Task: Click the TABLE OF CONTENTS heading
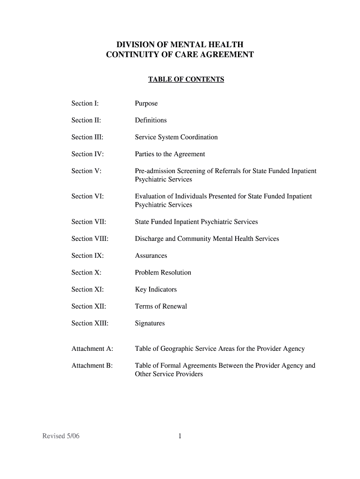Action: click(x=186, y=80)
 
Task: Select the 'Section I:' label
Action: click(x=85, y=103)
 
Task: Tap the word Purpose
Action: click(x=146, y=103)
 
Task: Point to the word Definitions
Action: click(x=151, y=120)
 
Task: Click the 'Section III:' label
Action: click(x=87, y=137)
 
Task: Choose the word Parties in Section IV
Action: click(x=145, y=154)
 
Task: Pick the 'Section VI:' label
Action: click(x=87, y=196)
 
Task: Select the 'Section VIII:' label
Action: click(x=90, y=239)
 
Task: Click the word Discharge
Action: click(x=149, y=239)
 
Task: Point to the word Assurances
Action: click(x=151, y=256)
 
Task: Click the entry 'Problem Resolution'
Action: click(x=163, y=273)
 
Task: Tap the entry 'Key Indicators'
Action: click(x=156, y=290)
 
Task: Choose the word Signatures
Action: click(x=150, y=323)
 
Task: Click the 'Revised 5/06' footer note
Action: click(x=61, y=436)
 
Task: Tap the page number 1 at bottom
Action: click(x=180, y=436)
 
